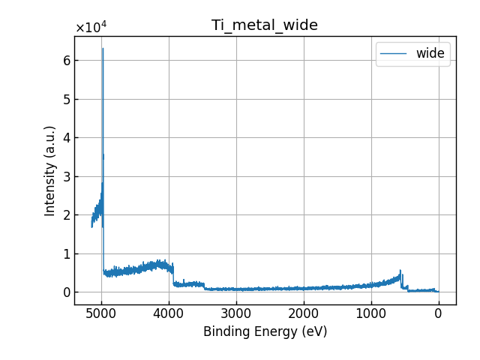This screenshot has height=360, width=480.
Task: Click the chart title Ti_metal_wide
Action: point(264,25)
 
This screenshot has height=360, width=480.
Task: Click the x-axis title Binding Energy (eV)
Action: point(265,331)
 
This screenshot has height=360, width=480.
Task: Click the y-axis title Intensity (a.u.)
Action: point(50,171)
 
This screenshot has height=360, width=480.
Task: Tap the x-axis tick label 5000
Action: point(101,313)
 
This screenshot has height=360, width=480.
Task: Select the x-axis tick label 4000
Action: point(169,313)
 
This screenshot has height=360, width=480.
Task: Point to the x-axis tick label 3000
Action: point(236,313)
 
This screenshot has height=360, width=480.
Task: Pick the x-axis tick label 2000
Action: point(304,313)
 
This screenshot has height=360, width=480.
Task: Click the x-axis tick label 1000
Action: point(371,313)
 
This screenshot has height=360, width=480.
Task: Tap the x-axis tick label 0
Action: point(439,313)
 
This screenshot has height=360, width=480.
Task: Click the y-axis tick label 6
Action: point(66,61)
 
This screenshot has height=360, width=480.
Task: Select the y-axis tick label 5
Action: point(66,99)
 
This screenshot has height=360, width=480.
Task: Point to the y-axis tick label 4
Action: point(66,138)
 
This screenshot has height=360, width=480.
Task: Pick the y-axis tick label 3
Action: point(66,176)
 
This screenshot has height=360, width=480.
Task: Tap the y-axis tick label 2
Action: point(66,215)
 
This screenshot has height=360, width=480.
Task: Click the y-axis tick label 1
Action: point(66,253)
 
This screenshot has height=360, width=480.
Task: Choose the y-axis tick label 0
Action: point(66,292)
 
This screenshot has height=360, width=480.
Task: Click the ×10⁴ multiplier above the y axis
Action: point(91,28)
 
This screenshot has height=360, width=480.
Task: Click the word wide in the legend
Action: point(430,53)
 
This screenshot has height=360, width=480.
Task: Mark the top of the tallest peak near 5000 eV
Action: point(103,49)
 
